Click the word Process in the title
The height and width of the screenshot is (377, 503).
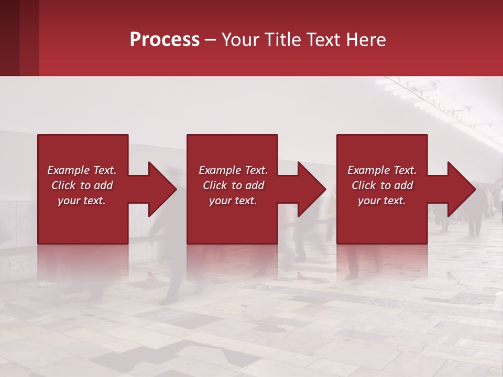[165, 40]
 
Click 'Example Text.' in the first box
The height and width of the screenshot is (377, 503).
[82, 170]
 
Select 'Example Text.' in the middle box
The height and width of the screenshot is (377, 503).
[233, 170]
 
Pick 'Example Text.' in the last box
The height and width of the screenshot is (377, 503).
[382, 170]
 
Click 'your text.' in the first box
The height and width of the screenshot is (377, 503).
[82, 201]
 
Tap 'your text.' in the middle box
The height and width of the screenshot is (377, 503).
[233, 201]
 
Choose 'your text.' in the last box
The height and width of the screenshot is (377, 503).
[382, 201]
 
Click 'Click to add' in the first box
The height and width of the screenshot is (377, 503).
[82, 185]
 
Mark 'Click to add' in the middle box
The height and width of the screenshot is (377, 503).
[233, 185]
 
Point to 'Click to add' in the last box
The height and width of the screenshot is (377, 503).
[382, 185]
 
